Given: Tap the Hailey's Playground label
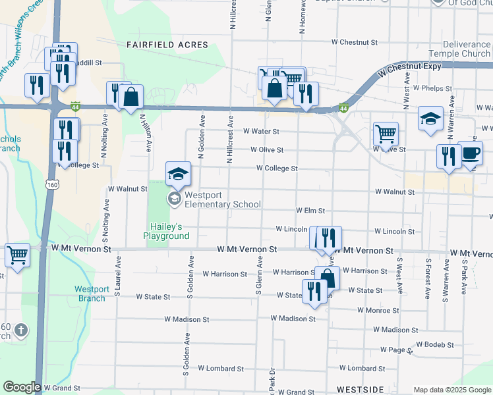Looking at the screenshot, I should [166, 231].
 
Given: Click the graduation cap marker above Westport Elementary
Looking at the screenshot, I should [178, 174].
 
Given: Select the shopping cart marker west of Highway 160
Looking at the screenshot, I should [18, 255].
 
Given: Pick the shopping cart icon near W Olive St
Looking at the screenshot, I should [386, 134].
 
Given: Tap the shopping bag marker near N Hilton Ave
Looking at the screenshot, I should [132, 97].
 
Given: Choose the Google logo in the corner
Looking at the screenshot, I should [21, 387].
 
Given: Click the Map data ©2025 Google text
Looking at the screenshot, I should [451, 390].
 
